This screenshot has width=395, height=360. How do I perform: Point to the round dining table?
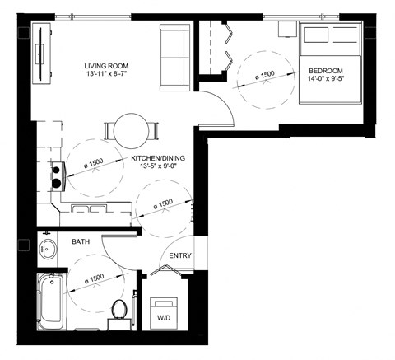click(131, 130)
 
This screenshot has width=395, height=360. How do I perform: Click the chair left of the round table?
click(109, 131)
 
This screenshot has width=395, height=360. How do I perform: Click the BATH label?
click(81, 242)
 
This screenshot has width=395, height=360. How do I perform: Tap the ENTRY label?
click(180, 255)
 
